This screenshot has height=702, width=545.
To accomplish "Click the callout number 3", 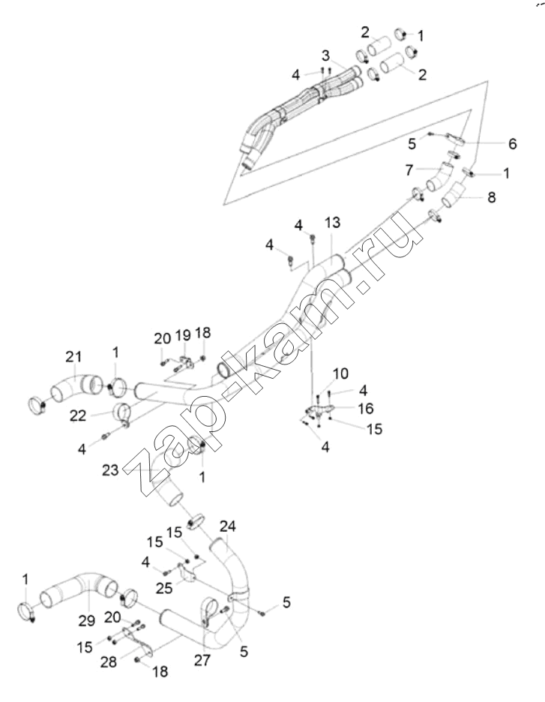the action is point(326,55).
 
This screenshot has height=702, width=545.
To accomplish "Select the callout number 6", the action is point(512,144).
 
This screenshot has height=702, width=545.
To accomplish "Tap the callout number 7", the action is point(409,170).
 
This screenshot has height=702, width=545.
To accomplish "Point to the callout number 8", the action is point(491,197).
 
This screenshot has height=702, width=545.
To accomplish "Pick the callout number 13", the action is point(332,223).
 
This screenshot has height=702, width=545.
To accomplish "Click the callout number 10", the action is point(341,373).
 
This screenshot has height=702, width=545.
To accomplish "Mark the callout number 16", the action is point(366,408).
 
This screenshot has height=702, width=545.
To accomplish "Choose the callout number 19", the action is point(183,335).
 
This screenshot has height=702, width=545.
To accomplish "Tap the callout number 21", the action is point(73,357).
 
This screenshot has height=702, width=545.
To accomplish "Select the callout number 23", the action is point(110,470).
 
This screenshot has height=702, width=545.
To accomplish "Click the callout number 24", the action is point(227,526).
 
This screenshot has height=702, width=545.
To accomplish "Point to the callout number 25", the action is point(164,588).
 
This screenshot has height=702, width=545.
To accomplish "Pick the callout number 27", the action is point(202,660).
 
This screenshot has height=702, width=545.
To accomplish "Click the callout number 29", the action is point(87,620).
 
